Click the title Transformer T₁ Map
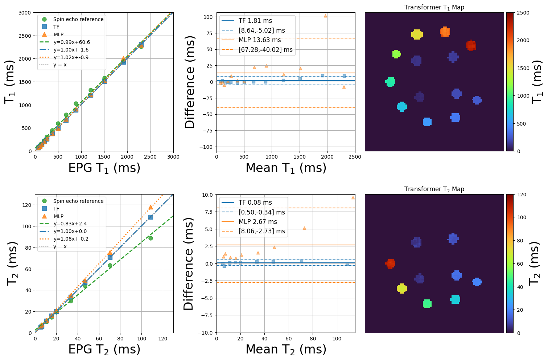pyautogui.click(x=434, y=7)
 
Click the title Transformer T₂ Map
pyautogui.click(x=434, y=189)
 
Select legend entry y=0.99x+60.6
pyautogui.click(x=71, y=42)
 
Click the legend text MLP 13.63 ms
pyautogui.click(x=260, y=40)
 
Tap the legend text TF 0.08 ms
pyautogui.click(x=255, y=202)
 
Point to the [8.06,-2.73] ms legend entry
pyautogui.click(x=261, y=231)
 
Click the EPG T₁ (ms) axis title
pyautogui.click(x=104, y=168)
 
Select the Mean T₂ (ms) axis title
pyautogui.click(x=286, y=349)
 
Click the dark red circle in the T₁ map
pyautogui.click(x=471, y=46)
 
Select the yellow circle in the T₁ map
pyautogui.click(x=417, y=34)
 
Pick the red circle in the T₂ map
pyautogui.click(x=390, y=264)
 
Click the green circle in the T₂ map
pyautogui.click(x=427, y=304)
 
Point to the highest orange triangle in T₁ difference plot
pyautogui.click(x=325, y=16)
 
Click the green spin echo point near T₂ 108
pyautogui.click(x=151, y=238)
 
